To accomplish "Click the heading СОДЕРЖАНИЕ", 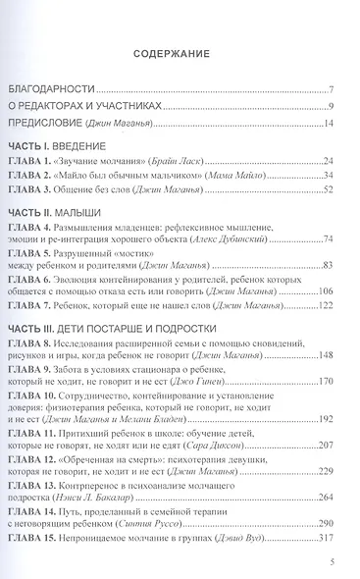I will pyautogui.click(x=179, y=55).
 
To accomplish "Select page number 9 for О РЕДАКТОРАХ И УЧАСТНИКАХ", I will pyautogui.click(x=333, y=105).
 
